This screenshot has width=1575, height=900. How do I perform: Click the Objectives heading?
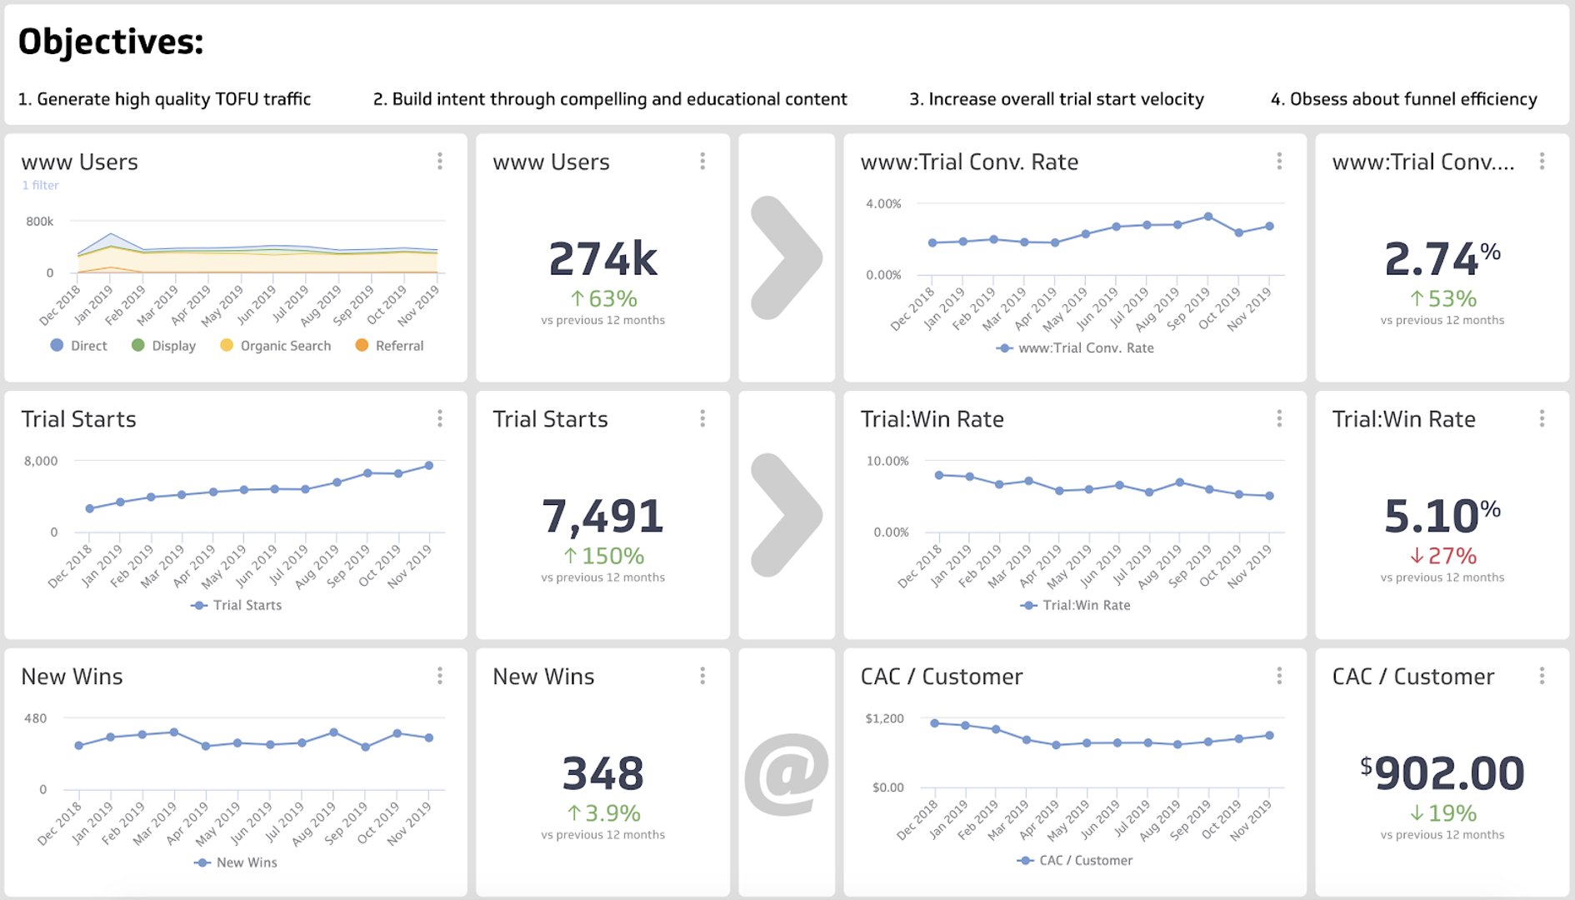point(111,42)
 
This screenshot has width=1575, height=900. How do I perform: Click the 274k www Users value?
point(602,259)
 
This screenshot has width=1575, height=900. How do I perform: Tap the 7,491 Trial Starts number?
point(602,516)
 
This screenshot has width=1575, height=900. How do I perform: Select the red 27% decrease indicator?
point(1442,556)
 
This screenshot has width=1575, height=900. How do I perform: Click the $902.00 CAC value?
point(1442,773)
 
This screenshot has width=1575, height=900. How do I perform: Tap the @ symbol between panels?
point(786,773)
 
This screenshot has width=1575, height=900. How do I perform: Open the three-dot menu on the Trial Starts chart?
point(440,418)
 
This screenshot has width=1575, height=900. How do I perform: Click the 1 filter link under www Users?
point(40,185)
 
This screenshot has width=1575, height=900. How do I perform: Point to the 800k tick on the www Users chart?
point(39,222)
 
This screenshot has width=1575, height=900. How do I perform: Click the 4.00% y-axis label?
point(883,204)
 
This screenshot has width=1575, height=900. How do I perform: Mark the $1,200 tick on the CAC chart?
point(884,718)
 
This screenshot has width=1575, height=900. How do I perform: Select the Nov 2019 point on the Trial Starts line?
point(429,466)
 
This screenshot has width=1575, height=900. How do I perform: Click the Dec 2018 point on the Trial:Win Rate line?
point(939,475)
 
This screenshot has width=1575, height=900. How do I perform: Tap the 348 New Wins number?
point(602,773)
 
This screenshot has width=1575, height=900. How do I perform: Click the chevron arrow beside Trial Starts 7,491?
point(786,515)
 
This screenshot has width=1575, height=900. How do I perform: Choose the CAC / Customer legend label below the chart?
point(1085,860)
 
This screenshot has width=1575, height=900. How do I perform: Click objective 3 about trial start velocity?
point(1056,99)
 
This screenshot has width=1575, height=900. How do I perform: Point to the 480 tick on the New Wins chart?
point(35,718)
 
